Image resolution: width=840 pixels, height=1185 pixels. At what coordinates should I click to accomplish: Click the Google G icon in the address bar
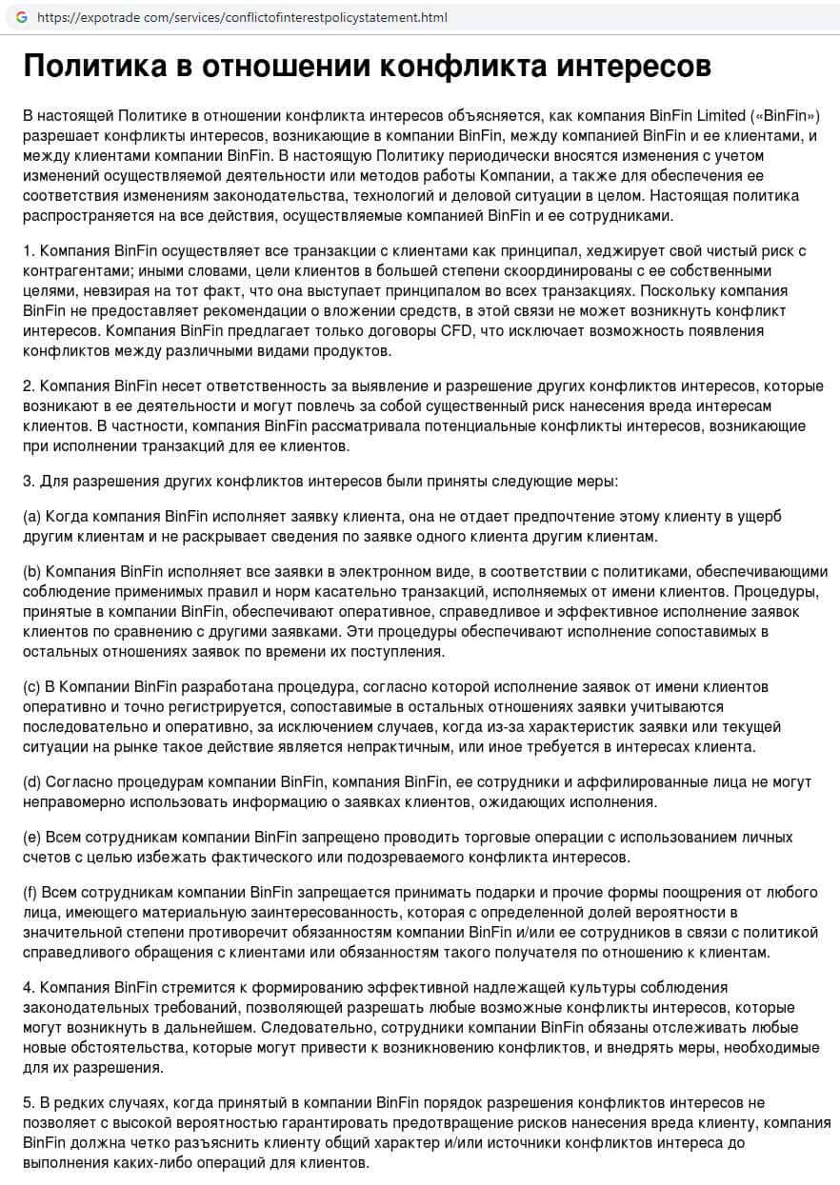click(21, 18)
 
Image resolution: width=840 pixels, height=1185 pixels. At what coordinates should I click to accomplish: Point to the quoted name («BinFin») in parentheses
click(786, 115)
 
